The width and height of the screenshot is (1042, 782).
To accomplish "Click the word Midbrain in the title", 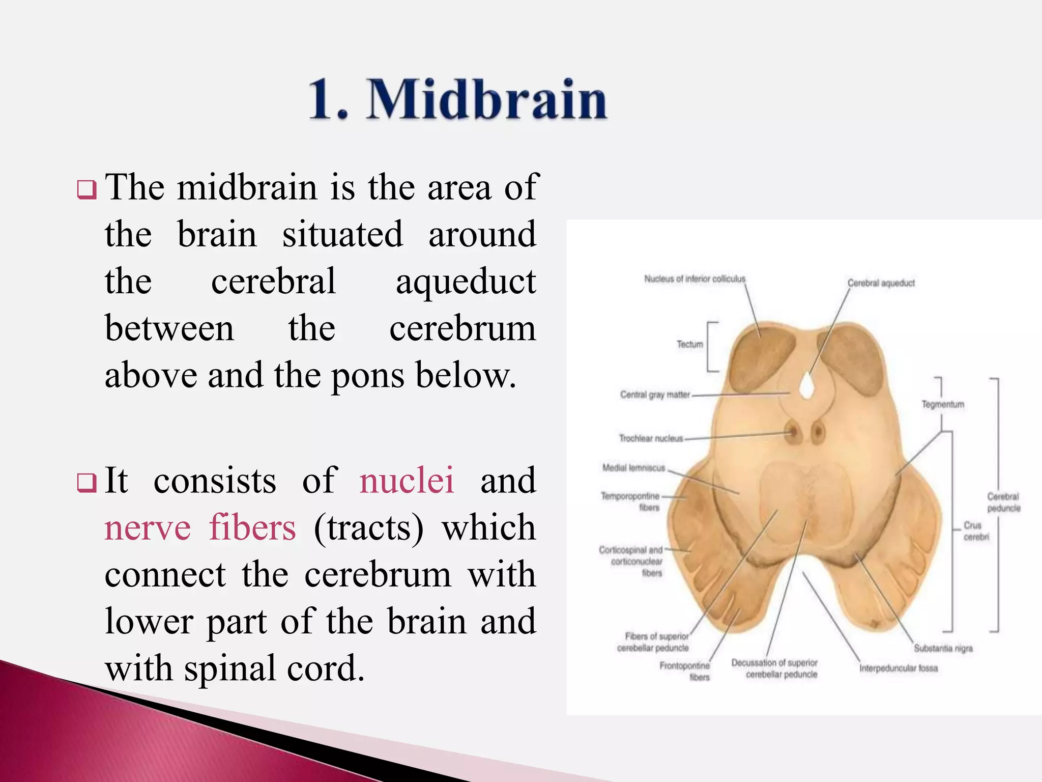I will [x=487, y=100].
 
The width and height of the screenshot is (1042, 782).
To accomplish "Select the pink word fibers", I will [x=252, y=527].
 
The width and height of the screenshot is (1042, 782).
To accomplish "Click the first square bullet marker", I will [x=86, y=190].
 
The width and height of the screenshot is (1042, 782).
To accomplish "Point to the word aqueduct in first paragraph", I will [x=466, y=282].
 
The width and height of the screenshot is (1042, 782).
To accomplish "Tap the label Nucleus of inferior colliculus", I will [x=694, y=279].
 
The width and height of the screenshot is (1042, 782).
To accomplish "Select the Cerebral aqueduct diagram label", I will [x=881, y=283].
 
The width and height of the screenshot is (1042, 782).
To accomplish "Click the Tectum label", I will [x=689, y=345].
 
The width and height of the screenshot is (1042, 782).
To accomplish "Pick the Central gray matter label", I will [x=655, y=395].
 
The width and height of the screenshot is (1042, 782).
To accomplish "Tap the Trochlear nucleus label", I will [x=651, y=438].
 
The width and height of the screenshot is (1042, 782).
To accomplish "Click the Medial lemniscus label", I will [x=633, y=468].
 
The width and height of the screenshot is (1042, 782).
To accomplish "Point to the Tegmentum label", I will [x=942, y=404].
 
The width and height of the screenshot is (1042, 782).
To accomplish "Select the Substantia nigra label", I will [x=943, y=649].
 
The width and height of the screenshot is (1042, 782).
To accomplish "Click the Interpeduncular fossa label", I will [x=898, y=668].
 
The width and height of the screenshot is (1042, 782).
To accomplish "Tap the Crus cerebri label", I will [x=976, y=531].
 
